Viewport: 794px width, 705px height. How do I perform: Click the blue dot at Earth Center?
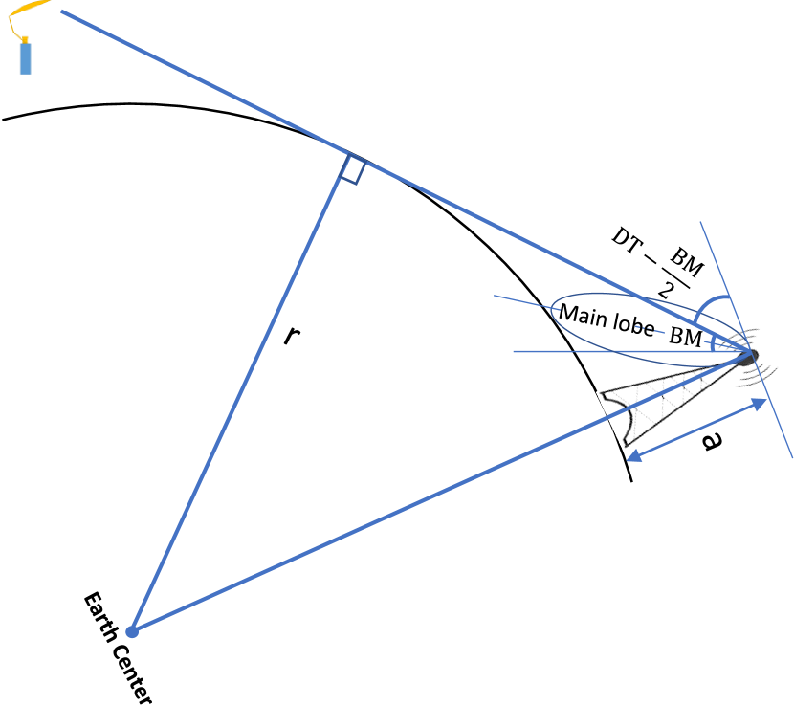[x=133, y=630]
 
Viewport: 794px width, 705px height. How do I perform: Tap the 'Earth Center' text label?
[x=117, y=650]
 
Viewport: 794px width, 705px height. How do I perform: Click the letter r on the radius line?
[x=291, y=336]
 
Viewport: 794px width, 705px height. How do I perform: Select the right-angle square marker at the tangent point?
[x=351, y=169]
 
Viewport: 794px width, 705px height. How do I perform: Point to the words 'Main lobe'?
[x=606, y=320]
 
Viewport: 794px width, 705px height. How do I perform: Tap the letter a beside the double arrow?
[x=709, y=443]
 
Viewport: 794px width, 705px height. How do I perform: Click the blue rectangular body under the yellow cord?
[x=26, y=57]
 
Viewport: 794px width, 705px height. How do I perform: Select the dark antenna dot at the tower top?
[x=747, y=357]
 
